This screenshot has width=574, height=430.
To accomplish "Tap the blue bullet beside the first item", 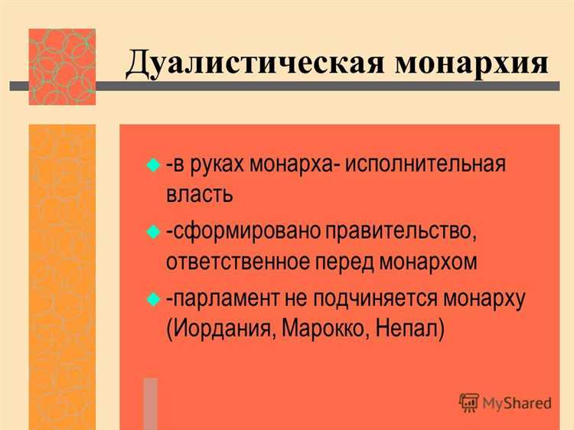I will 152,164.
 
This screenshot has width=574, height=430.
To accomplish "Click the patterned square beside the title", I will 62,67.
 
